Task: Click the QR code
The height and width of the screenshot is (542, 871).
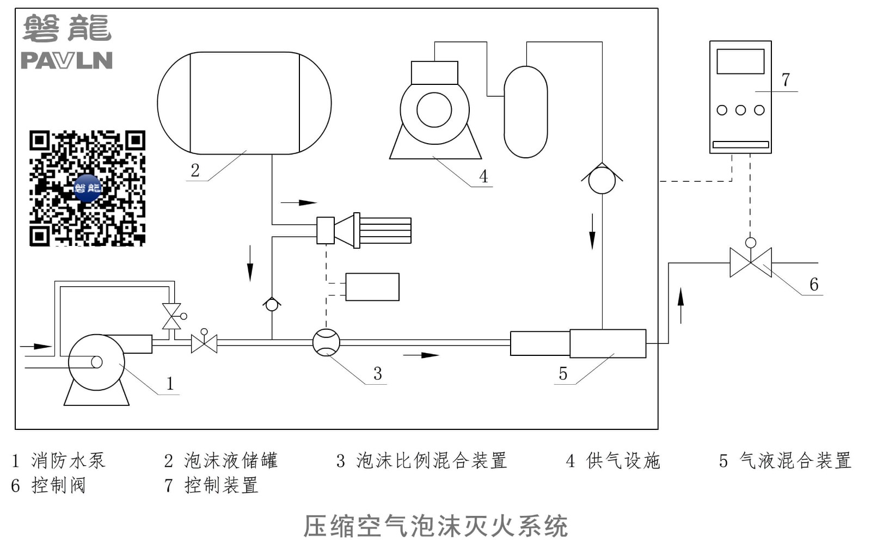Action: (88, 188)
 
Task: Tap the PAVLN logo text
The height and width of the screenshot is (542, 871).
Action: (66, 60)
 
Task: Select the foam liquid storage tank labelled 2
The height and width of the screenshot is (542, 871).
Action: (244, 103)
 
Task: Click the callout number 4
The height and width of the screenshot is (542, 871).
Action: (483, 176)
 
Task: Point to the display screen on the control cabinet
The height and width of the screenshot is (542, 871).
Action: (740, 61)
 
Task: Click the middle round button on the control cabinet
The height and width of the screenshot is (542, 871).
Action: (740, 110)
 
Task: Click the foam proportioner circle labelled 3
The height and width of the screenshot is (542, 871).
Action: (326, 342)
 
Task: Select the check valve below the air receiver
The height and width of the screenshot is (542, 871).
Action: (602, 178)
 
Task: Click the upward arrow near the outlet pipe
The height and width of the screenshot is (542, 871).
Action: (680, 306)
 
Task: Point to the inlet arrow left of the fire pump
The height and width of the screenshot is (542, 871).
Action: (36, 347)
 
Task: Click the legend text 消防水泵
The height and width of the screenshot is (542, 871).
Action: (69, 461)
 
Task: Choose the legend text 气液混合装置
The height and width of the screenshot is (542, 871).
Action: (795, 461)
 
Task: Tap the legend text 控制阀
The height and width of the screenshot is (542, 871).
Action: (58, 485)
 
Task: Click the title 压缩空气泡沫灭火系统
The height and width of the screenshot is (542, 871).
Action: (436, 526)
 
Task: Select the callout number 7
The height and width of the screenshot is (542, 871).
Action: (786, 80)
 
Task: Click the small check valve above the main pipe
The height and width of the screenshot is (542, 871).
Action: (272, 304)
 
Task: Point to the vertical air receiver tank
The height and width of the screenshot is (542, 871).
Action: (526, 112)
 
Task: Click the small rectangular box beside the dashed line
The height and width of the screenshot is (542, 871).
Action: (372, 287)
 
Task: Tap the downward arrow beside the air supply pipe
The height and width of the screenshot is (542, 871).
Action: (592, 231)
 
